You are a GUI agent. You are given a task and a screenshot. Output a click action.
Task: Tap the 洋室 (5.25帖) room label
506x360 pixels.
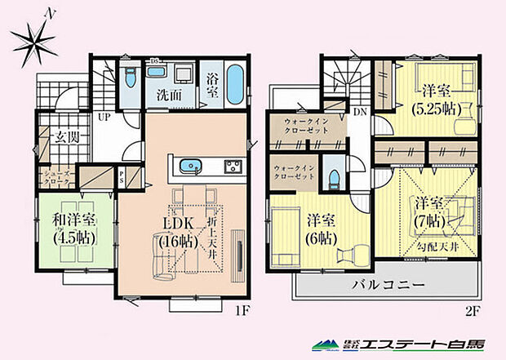point(437,100)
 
